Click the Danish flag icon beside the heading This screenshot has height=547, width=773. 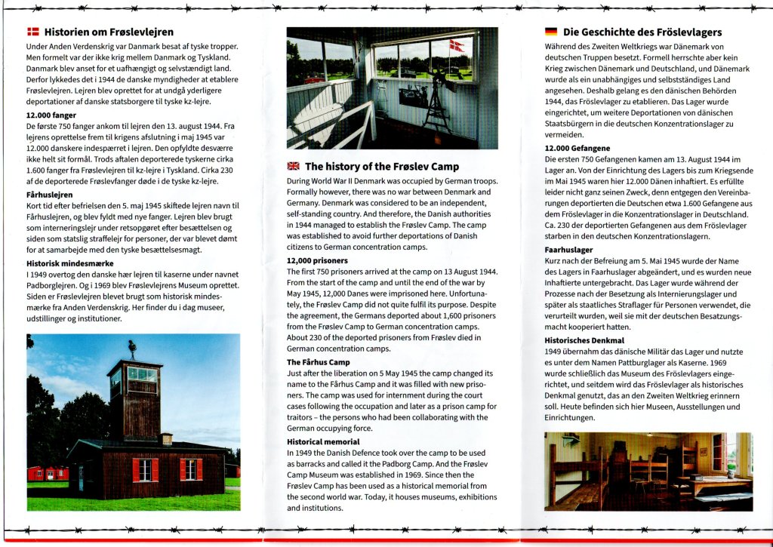pos(32,32)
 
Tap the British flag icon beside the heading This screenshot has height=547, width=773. pos(293,167)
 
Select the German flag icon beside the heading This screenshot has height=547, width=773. pos(551,32)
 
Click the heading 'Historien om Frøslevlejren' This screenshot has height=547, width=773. pos(109,32)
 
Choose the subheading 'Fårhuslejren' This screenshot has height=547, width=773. pos(49,194)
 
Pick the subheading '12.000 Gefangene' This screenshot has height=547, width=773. pos(577,149)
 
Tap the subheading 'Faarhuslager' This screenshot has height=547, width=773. pos(568,249)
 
